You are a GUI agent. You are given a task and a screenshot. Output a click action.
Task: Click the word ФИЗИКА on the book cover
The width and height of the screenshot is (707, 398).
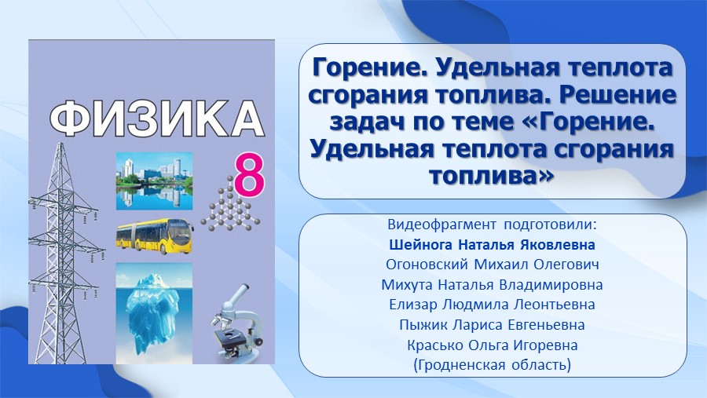[x=156, y=119]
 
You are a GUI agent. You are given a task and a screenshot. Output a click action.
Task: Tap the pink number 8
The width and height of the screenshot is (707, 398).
[x=249, y=174]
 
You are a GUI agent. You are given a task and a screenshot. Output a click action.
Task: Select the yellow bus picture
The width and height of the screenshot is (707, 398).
[x=155, y=236]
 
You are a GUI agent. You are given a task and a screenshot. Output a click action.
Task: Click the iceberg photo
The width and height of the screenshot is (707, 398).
[x=154, y=313]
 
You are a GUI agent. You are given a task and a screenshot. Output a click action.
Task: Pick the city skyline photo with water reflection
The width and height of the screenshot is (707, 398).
[x=154, y=181]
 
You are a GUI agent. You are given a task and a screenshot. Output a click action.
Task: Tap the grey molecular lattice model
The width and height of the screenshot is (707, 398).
[x=230, y=205]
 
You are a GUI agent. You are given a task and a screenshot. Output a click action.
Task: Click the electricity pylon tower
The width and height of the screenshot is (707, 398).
[x=64, y=254]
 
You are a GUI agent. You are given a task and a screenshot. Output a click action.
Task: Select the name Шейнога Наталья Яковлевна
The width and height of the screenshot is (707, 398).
[x=492, y=245]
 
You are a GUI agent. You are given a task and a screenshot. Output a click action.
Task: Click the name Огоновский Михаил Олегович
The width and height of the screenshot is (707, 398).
[x=492, y=265]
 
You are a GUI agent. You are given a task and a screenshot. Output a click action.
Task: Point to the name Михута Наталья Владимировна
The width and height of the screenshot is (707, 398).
[x=492, y=285]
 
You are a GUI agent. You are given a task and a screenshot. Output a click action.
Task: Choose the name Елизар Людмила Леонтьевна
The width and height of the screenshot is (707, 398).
[x=492, y=305]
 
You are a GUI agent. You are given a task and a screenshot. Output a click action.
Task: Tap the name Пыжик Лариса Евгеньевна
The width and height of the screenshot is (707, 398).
[x=492, y=325]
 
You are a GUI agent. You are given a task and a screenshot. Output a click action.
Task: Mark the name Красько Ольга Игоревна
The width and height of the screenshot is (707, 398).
[x=492, y=345]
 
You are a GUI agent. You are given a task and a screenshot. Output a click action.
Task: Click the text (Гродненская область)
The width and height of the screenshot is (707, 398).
[x=492, y=365]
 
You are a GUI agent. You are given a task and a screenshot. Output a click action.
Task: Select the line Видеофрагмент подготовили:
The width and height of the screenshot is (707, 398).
[x=492, y=225]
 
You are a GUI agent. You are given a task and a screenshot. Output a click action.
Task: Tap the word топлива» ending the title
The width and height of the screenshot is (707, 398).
[x=491, y=175]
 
